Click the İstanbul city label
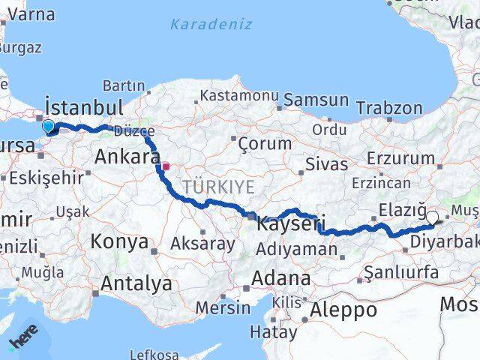84,105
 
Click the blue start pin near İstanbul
49,127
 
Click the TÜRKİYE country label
218,186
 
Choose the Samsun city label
316,100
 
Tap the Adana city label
281,277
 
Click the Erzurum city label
402,158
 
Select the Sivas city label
327,164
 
